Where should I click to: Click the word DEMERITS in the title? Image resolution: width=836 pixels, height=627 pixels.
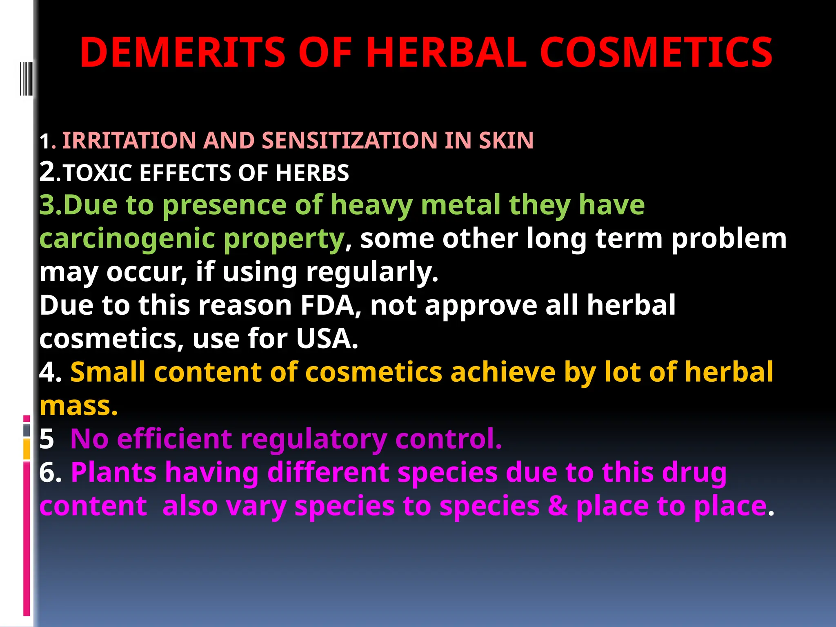click(x=182, y=53)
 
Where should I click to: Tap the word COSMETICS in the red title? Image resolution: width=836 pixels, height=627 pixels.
click(x=656, y=53)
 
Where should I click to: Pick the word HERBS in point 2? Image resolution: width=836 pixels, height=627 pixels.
click(x=312, y=173)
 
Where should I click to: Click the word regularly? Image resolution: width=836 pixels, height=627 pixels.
click(x=372, y=272)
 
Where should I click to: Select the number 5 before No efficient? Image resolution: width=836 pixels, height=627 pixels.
click(x=47, y=440)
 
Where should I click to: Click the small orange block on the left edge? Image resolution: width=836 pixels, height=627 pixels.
click(x=27, y=449)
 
